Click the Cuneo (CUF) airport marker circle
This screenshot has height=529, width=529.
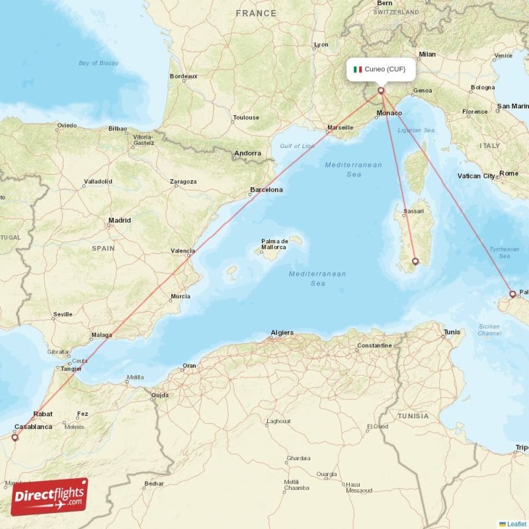381,91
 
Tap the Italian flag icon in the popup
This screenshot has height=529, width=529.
358,69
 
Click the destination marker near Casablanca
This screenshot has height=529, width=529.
15,437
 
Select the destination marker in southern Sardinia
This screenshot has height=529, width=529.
415,261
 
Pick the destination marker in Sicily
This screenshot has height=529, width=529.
512,294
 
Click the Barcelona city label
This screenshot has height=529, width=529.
266,190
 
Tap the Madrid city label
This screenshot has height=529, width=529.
120,220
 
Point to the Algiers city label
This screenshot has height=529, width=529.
282,333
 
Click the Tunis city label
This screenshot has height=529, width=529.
452,332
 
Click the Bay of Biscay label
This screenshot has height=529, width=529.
99,63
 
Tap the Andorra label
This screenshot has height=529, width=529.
247,153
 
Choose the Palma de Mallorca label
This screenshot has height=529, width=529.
274,244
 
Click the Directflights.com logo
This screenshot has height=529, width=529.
50,497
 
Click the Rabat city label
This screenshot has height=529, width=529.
43,415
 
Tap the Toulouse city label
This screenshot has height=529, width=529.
246,118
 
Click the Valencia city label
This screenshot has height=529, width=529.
183,251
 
